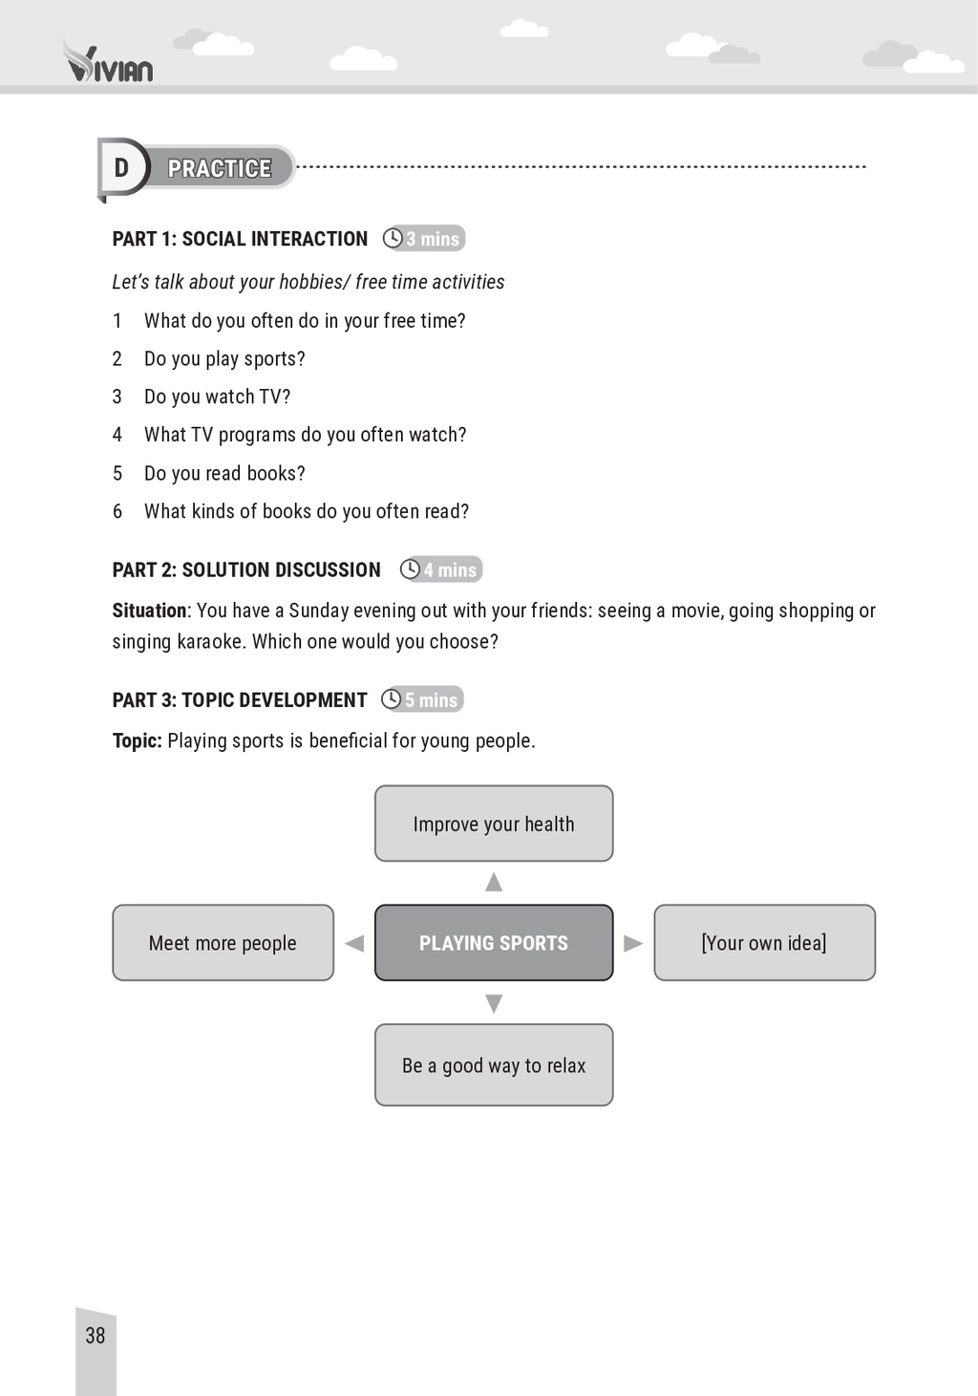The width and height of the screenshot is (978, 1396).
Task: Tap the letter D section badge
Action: tap(121, 168)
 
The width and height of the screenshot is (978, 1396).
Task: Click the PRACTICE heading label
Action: tap(220, 168)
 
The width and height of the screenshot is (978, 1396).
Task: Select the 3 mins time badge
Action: tap(424, 239)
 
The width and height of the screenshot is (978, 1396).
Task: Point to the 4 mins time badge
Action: tap(441, 569)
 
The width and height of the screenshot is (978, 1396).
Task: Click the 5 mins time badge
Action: tap(422, 699)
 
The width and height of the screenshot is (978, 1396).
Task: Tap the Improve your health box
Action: tap(494, 824)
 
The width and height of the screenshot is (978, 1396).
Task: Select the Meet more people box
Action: tap(223, 943)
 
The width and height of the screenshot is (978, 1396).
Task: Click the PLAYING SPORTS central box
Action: tap(494, 943)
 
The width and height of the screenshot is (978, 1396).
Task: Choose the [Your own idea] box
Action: tap(764, 943)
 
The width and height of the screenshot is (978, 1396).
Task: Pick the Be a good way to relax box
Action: tap(494, 1065)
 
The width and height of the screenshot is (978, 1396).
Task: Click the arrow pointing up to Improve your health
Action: tap(494, 882)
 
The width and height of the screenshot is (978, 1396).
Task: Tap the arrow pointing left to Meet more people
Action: tap(354, 944)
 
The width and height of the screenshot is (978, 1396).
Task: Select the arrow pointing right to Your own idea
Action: tap(632, 944)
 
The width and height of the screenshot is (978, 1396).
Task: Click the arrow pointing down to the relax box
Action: tap(494, 1003)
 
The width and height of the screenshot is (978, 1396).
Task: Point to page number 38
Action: tap(96, 1336)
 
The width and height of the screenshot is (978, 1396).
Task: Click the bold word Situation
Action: tap(149, 611)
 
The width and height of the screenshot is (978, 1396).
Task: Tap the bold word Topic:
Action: tap(137, 741)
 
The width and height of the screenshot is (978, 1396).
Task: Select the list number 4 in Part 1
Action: tap(117, 435)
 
